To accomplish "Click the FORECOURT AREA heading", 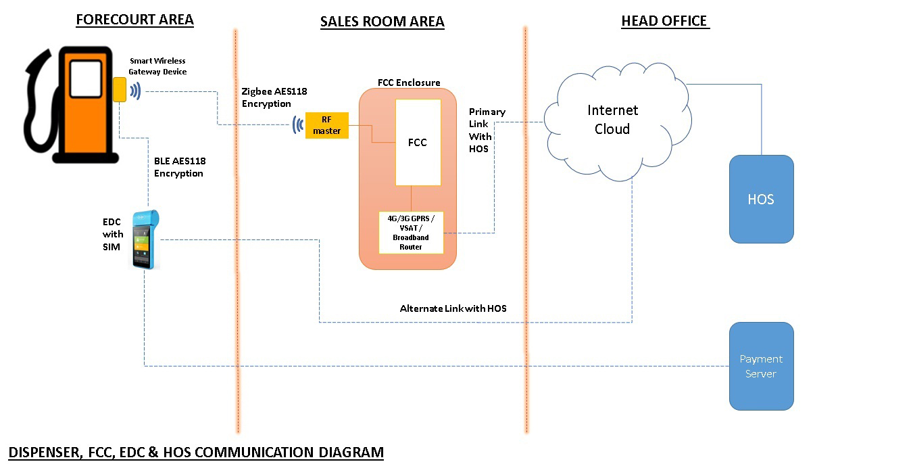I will click(x=134, y=20).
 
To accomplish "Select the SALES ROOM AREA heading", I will click(x=382, y=22).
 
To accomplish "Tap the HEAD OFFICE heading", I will click(x=665, y=22).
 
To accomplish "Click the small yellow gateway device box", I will click(x=120, y=89).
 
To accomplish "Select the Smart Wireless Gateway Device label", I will click(x=157, y=66).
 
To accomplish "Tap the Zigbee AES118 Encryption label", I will click(x=274, y=97).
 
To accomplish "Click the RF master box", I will click(x=327, y=126).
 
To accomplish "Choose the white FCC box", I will click(x=418, y=142).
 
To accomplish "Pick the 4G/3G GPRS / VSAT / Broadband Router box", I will click(x=410, y=233).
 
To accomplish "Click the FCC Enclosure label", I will click(x=409, y=83).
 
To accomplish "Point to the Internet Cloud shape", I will click(x=613, y=120).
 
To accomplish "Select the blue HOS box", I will click(x=761, y=199).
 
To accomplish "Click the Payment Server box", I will click(x=761, y=366).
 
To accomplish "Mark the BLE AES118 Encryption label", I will click(x=179, y=167).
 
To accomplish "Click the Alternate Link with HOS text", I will click(x=453, y=308).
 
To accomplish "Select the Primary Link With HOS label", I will click(x=487, y=130).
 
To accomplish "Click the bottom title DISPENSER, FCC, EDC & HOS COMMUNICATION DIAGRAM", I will click(x=196, y=452).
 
